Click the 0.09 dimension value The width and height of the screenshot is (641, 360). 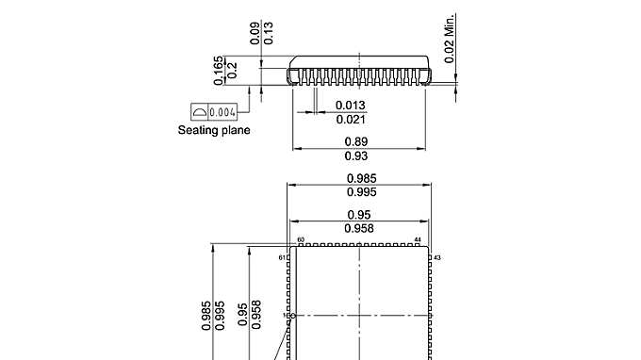coord(255,34)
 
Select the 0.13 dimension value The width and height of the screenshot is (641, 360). coord(269,34)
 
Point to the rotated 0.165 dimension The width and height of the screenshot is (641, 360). coord(219,72)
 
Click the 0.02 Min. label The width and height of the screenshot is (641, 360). coord(451,38)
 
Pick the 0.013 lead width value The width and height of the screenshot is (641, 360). coord(352,105)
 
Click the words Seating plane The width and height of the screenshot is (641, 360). coord(214,130)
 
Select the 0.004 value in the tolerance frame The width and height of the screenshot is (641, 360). coord(222,112)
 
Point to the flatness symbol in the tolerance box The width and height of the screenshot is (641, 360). coord(199,112)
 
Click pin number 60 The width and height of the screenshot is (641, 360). coord(301,240)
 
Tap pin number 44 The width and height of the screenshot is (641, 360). coord(418,240)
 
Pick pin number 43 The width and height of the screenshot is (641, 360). coord(437,256)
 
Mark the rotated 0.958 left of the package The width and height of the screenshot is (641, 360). coord(256,314)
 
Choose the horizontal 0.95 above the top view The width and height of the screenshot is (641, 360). coord(358,215)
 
